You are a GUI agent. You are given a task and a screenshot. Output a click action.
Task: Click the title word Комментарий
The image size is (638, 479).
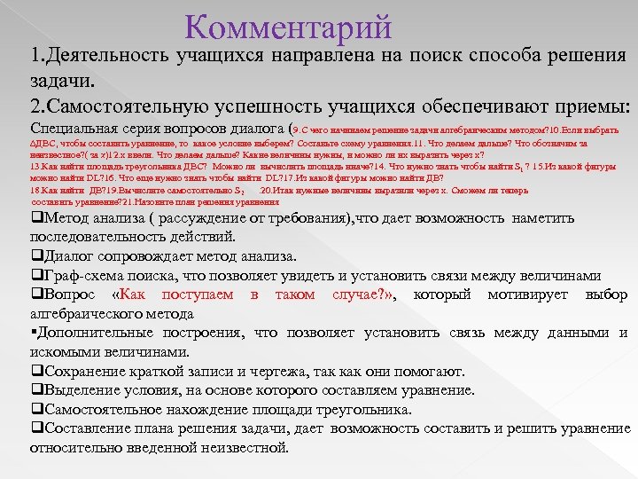[289, 27]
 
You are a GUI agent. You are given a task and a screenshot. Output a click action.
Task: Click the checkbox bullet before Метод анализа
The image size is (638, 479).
[35, 218]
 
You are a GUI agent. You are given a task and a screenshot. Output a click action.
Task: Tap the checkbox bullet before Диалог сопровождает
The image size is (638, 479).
[35, 256]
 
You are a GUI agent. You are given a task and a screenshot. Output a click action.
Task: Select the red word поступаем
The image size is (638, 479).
[200, 294]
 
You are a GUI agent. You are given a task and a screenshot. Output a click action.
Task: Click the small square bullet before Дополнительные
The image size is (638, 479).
[33, 334]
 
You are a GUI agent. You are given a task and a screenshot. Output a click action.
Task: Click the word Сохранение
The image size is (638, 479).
[84, 371]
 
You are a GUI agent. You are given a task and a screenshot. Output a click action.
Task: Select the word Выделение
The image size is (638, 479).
[81, 390]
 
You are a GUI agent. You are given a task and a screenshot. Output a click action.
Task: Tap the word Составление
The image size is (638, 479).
[89, 428]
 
